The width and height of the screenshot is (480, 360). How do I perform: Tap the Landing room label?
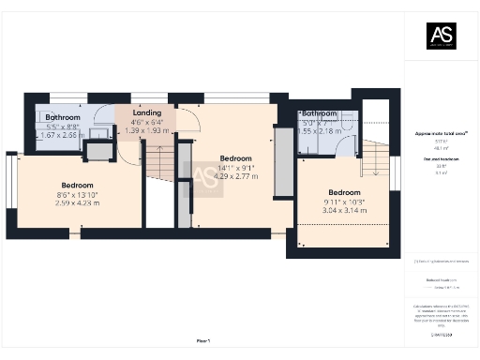click(147, 112)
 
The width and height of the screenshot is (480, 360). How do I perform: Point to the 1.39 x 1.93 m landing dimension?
click(147, 131)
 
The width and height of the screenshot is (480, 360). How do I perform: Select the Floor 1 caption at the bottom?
click(203, 340)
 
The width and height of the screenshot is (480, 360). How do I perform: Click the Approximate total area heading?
click(441, 134)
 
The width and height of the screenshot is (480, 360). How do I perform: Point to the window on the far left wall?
click(12, 182)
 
